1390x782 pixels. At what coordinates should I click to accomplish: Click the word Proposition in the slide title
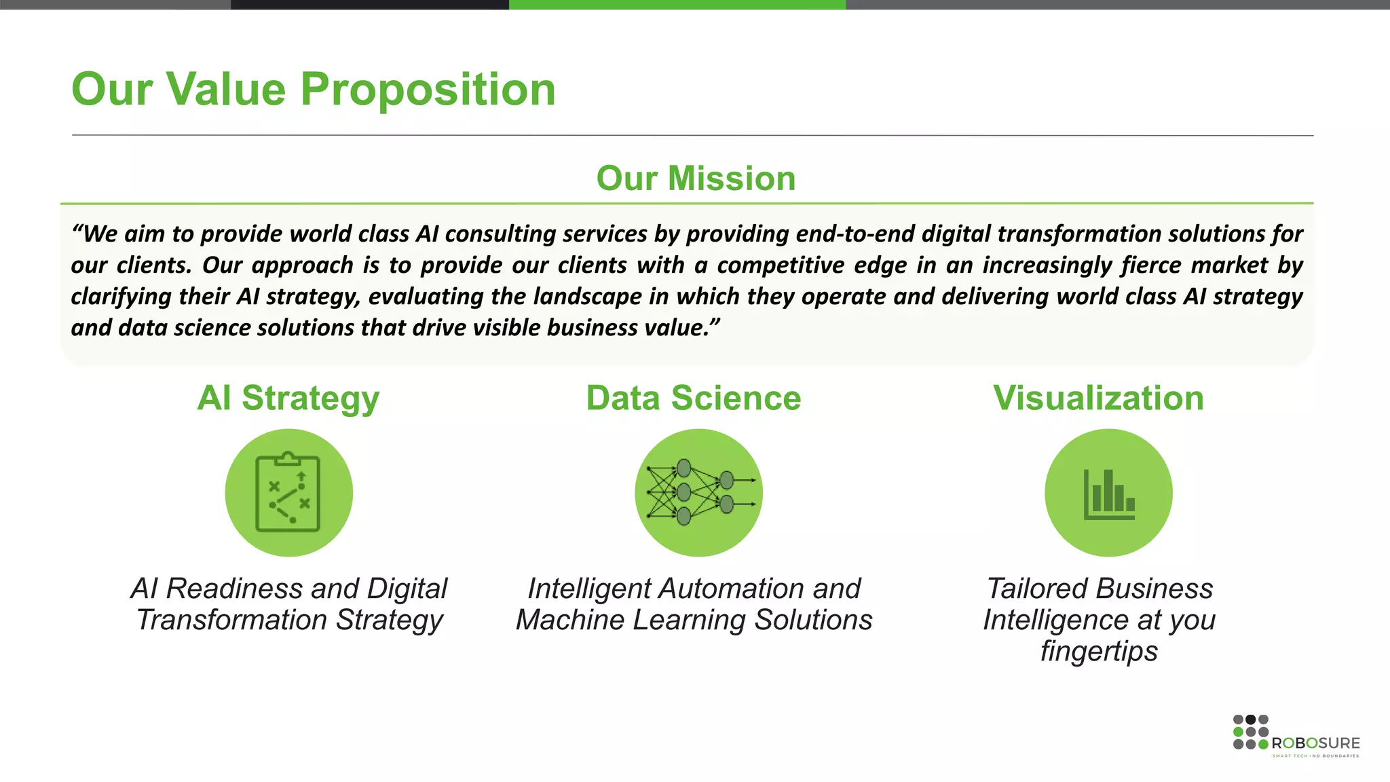[428, 90]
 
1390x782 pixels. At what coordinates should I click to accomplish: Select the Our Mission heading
[696, 179]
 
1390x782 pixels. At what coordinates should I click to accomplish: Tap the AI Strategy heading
[288, 398]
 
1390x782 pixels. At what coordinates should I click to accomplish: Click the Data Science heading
[693, 398]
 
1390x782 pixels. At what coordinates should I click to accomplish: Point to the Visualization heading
[1098, 398]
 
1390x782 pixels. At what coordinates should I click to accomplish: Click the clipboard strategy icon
[288, 493]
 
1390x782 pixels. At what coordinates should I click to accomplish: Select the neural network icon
[698, 493]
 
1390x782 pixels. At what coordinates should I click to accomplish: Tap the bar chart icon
[1108, 493]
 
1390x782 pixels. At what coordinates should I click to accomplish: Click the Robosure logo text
[1315, 743]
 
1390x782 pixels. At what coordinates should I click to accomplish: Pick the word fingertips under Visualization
[1099, 651]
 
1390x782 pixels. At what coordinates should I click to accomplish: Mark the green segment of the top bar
[677, 4]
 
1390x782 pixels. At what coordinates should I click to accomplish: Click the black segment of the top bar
[370, 4]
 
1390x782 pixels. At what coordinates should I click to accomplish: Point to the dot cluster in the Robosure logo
[1250, 732]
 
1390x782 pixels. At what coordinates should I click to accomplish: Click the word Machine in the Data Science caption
[567, 620]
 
